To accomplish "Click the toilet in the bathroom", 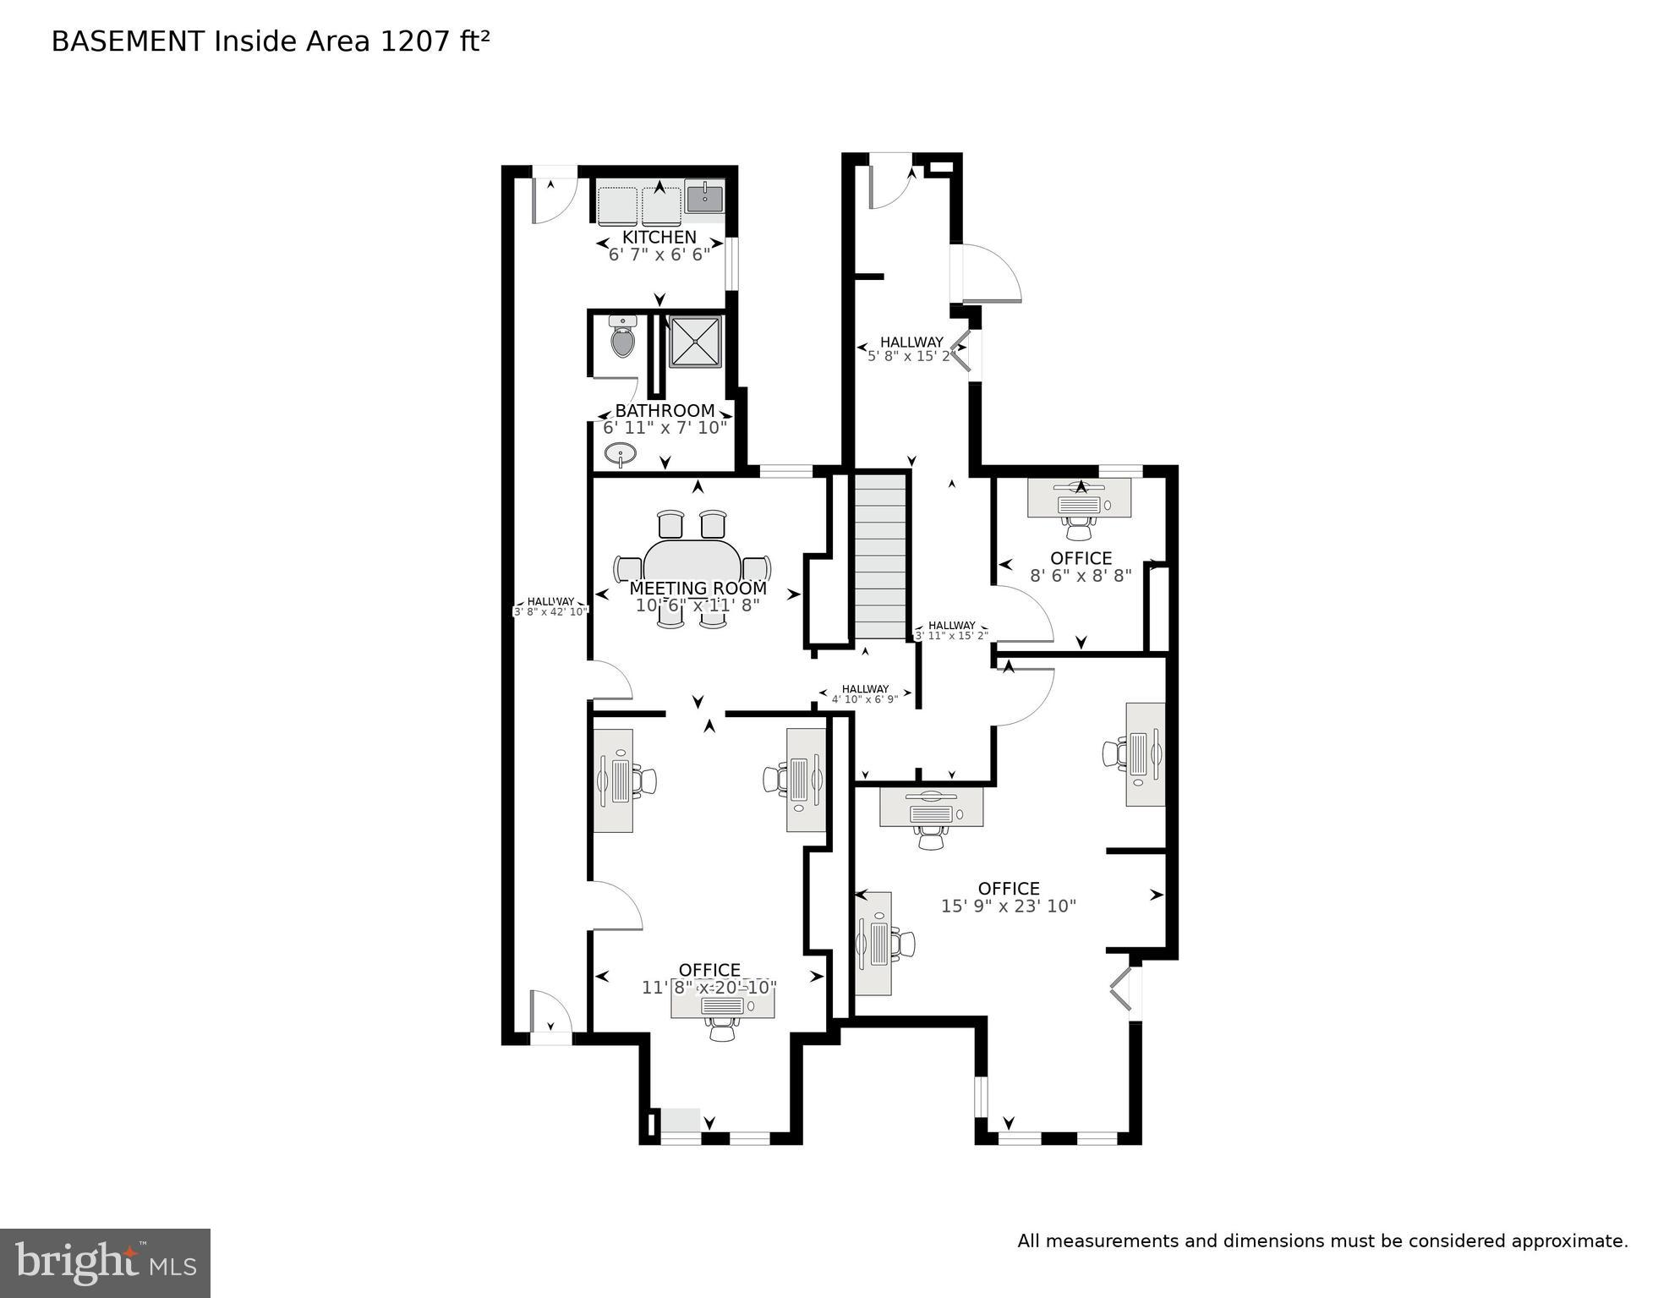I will (623, 338).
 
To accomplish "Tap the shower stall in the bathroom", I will (695, 342).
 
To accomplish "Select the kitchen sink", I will (703, 199).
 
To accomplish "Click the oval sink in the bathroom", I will (621, 455).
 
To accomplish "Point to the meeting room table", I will (692, 564).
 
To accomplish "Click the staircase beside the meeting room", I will (880, 556).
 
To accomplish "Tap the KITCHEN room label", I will (659, 238).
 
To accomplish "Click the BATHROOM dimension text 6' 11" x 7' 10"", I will (665, 428).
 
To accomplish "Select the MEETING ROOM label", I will (698, 588).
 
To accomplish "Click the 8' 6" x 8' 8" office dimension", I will (1081, 576).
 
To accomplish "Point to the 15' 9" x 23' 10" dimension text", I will (1008, 906).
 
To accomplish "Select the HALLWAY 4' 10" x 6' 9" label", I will (865, 694).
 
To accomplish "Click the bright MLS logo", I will (105, 1262).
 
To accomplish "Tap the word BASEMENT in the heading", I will (129, 41).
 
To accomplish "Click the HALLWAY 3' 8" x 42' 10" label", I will (550, 606).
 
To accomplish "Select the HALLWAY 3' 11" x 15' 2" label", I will (951, 631).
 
